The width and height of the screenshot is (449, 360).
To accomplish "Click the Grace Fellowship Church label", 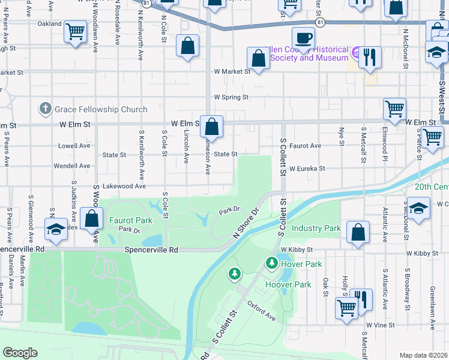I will [x=101, y=109].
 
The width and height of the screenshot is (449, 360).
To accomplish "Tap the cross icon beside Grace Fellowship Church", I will [x=45, y=109].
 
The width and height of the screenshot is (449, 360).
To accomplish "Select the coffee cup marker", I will [x=303, y=38].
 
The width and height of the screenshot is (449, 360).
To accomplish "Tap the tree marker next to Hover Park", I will [x=272, y=263].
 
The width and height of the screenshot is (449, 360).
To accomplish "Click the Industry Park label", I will [x=316, y=229].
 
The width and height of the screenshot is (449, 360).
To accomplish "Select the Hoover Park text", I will [x=288, y=284].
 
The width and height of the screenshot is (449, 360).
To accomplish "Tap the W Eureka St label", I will [x=307, y=169].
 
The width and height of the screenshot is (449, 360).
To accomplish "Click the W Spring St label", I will [x=231, y=97].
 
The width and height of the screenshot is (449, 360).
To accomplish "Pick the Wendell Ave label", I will [x=72, y=166].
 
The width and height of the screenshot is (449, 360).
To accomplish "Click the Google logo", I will [x=20, y=353].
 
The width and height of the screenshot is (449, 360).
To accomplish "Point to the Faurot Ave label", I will [x=305, y=146].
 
